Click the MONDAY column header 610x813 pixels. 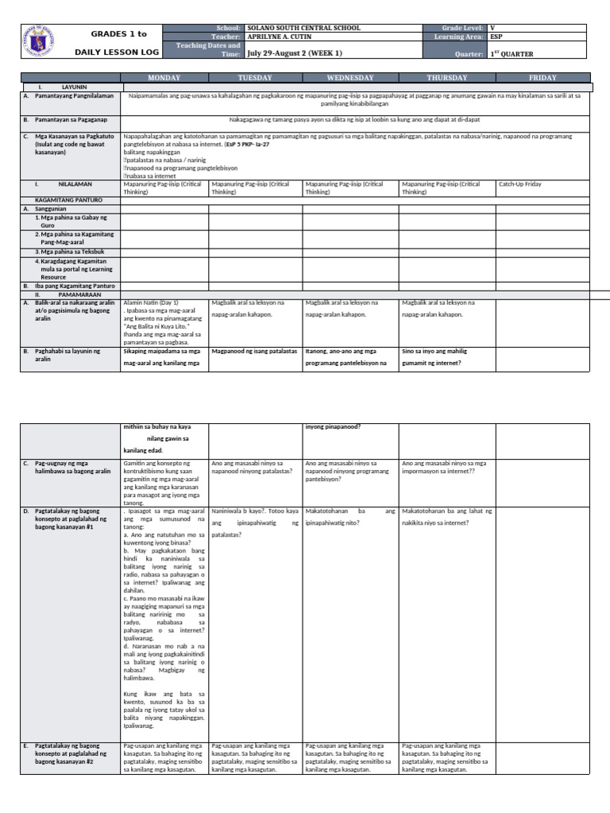pyautogui.click(x=164, y=78)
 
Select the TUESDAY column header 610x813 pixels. pyautogui.click(x=255, y=78)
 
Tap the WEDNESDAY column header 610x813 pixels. pyautogui.click(x=350, y=78)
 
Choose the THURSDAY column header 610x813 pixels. pyautogui.click(x=446, y=78)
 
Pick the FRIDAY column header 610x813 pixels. pyautogui.click(x=542, y=78)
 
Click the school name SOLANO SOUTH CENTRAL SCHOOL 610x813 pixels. pyautogui.click(x=303, y=28)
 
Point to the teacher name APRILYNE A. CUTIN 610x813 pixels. pyautogui.click(x=286, y=37)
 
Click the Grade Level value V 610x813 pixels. pyautogui.click(x=492, y=28)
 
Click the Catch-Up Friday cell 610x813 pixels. pyautogui.click(x=519, y=183)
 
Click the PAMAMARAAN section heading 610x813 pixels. pyautogui.click(x=80, y=294)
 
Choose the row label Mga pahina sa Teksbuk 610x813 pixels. pyautogui.click(x=68, y=252)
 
